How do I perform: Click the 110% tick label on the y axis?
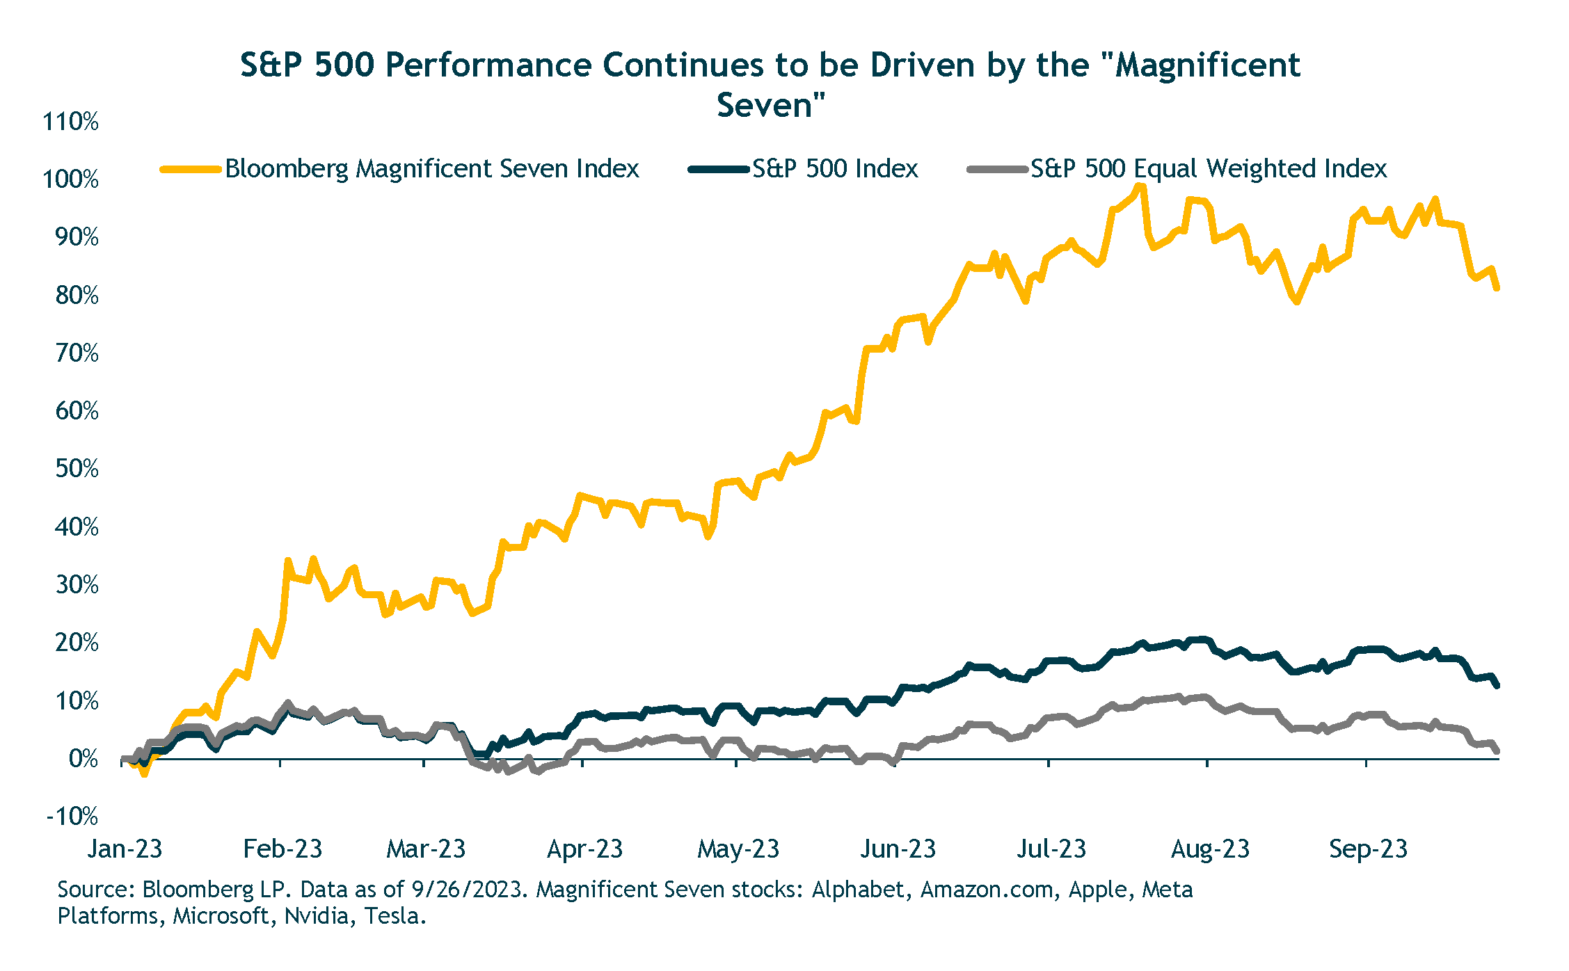[x=71, y=122]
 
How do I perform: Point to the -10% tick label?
[x=72, y=816]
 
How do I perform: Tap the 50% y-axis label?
[x=77, y=469]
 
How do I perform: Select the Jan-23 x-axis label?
[x=125, y=849]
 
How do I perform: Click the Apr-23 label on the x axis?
[x=584, y=849]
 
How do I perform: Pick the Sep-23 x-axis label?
[x=1368, y=849]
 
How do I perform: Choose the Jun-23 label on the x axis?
[x=898, y=849]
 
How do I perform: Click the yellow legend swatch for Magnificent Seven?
[x=190, y=169]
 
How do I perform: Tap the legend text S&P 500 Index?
[x=835, y=169]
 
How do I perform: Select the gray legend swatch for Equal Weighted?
[x=997, y=169]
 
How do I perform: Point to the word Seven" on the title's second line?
[x=771, y=106]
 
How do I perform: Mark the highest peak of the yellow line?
[x=1139, y=186]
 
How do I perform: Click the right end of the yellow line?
[x=1497, y=287]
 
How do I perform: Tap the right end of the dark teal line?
[x=1497, y=686]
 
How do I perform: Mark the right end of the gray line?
[x=1497, y=751]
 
